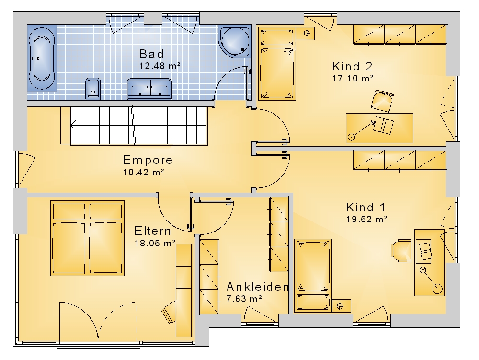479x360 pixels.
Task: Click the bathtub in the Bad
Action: click(x=42, y=58)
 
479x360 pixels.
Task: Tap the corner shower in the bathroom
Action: click(x=235, y=42)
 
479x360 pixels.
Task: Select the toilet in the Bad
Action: click(x=93, y=89)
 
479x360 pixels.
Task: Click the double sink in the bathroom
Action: click(x=149, y=89)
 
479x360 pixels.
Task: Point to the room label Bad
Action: click(x=151, y=54)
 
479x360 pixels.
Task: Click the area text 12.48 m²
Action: click(x=160, y=66)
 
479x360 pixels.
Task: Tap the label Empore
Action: click(x=148, y=160)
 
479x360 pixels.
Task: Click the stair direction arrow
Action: click(x=73, y=125)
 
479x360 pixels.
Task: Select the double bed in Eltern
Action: click(x=87, y=238)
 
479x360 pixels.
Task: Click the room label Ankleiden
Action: click(x=258, y=287)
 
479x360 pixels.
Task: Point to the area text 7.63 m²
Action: click(x=244, y=299)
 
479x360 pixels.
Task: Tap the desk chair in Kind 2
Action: click(x=382, y=101)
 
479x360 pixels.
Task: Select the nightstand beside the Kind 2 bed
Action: click(x=307, y=33)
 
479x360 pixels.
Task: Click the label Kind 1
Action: click(x=365, y=207)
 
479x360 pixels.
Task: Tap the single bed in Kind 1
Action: click(x=313, y=276)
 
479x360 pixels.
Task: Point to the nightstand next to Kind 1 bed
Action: click(x=341, y=306)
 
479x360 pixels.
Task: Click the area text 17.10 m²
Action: click(x=353, y=78)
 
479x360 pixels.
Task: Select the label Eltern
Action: click(x=153, y=231)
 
